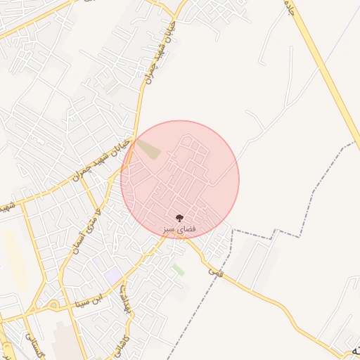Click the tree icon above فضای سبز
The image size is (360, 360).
click(x=179, y=217)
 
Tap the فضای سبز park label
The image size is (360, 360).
click(x=179, y=229)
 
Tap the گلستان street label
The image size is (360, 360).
click(x=35, y=345)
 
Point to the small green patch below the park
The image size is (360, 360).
click(x=179, y=269)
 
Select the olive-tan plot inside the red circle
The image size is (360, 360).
click(x=148, y=148)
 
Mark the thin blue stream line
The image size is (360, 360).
click(x=6, y=350)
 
